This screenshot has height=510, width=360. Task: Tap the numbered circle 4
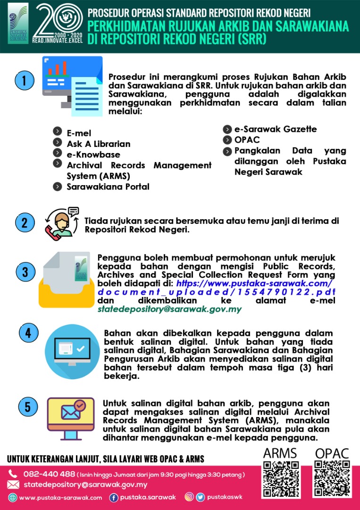(x=28, y=333)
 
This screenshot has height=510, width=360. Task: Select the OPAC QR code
(x=332, y=479)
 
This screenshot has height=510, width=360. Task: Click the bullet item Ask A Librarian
(x=99, y=144)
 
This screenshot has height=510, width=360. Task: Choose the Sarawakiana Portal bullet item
(x=108, y=187)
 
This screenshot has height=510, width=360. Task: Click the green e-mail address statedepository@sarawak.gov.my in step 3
(x=169, y=310)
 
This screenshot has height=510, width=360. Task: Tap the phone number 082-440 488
(x=49, y=474)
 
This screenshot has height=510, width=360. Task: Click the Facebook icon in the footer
(x=114, y=497)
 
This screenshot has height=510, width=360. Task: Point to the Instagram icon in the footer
(x=189, y=497)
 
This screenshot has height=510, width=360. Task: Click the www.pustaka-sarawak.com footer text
(x=60, y=498)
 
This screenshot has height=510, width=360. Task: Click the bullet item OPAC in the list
(x=247, y=140)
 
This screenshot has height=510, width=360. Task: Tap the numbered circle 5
(x=28, y=407)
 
